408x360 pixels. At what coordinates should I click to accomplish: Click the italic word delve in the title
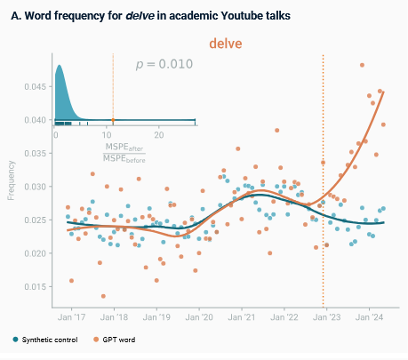(x=140, y=15)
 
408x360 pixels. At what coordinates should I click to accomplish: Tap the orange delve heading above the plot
(x=226, y=44)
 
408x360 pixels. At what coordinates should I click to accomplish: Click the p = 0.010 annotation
(x=164, y=64)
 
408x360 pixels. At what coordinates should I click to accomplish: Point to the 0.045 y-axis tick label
(x=36, y=87)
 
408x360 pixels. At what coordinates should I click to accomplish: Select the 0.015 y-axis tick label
(x=36, y=287)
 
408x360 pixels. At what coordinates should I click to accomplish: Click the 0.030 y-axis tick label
(x=36, y=187)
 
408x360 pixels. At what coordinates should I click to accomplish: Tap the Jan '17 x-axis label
(x=71, y=317)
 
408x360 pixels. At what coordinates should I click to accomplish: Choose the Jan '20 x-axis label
(x=199, y=317)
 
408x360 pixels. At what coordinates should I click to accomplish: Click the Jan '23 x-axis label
(x=327, y=317)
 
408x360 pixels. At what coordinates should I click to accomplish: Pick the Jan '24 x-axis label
(x=369, y=317)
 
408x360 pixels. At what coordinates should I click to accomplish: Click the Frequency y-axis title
(x=11, y=180)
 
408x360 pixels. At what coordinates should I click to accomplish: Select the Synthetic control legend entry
(x=45, y=340)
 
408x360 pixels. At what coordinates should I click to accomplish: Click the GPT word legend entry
(x=115, y=340)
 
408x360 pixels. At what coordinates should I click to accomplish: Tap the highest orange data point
(x=362, y=65)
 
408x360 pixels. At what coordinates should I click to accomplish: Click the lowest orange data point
(x=103, y=296)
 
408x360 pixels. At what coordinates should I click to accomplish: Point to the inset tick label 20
(x=159, y=135)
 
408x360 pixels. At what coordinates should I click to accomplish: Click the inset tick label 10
(x=107, y=135)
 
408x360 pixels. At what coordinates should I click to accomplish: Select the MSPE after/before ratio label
(x=124, y=153)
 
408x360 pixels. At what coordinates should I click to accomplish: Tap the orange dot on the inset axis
(x=113, y=120)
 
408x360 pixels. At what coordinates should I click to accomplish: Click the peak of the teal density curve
(x=59, y=65)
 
